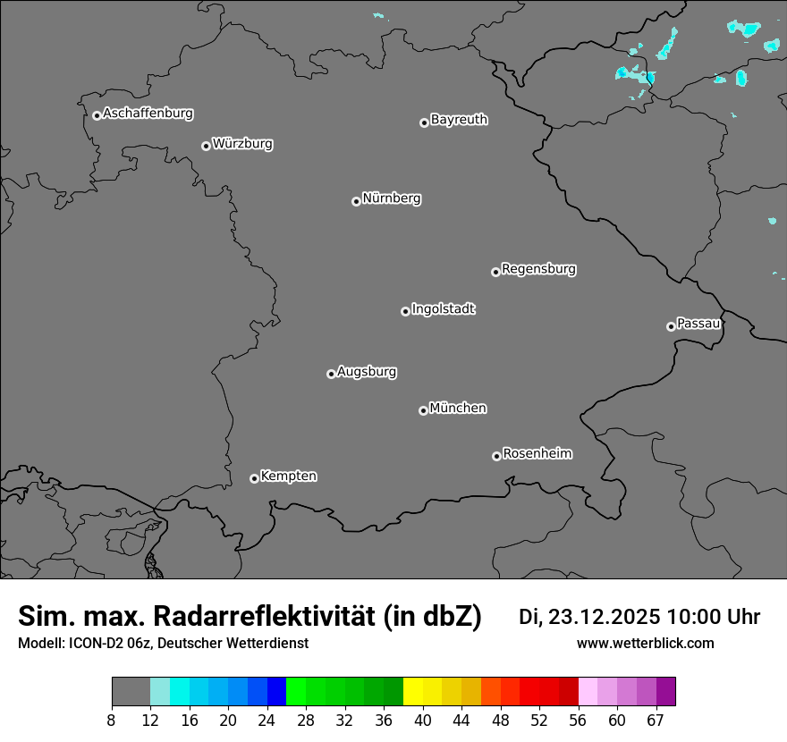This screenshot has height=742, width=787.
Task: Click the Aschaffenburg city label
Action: (x=148, y=114)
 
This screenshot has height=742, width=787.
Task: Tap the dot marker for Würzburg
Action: (x=206, y=146)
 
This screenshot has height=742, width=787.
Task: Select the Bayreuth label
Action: (x=459, y=120)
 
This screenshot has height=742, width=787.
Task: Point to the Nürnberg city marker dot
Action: (x=356, y=201)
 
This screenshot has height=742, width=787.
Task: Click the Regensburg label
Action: (x=538, y=269)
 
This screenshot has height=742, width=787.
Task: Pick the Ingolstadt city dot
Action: (x=405, y=311)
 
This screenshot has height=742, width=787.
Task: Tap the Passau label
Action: (x=698, y=324)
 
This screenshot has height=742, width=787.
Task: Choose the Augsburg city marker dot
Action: (x=331, y=374)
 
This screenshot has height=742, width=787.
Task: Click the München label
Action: (x=458, y=409)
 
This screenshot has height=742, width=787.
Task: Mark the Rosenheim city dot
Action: (x=496, y=457)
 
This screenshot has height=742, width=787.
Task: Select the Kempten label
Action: (x=288, y=476)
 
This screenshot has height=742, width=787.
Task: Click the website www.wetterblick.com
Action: (x=645, y=644)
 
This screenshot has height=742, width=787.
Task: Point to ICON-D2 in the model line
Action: (x=92, y=644)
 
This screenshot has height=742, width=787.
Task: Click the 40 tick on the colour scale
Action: (x=422, y=721)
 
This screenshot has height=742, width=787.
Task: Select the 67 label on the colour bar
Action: (x=656, y=721)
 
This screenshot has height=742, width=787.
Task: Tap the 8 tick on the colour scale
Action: (x=112, y=721)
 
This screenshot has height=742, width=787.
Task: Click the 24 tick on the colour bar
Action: (x=267, y=721)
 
